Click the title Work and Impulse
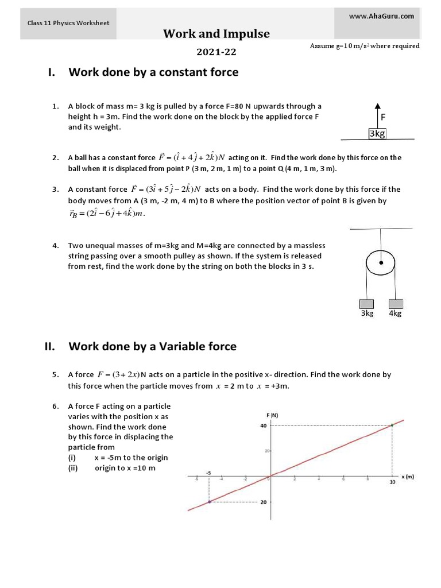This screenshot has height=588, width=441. tap(216, 34)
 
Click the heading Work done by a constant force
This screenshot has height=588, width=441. tap(153, 72)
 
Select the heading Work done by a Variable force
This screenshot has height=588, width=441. tap(152, 346)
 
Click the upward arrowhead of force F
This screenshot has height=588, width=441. tap(377, 106)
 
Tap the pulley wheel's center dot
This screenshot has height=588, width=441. tap(380, 263)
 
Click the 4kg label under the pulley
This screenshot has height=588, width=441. tap(395, 314)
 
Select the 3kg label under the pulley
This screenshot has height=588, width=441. tap(367, 314)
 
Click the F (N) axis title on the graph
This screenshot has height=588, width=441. tap(272, 415)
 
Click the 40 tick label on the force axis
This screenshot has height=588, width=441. tap(262, 425)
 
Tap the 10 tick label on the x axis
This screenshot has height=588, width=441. tap(392, 483)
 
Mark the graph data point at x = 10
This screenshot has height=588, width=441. tap(392, 425)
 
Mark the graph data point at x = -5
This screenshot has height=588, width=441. tap(209, 502)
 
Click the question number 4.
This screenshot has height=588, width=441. tap(56, 245)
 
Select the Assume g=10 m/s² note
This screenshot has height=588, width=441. tap(364, 46)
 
